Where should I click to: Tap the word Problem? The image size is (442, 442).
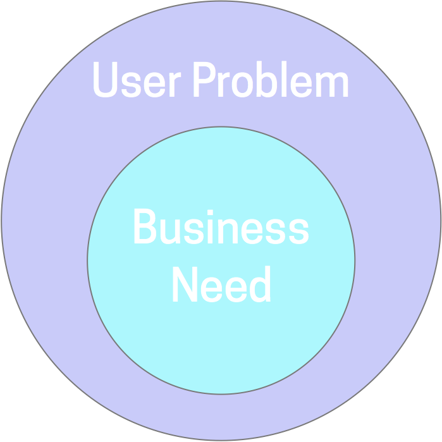[271, 80]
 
